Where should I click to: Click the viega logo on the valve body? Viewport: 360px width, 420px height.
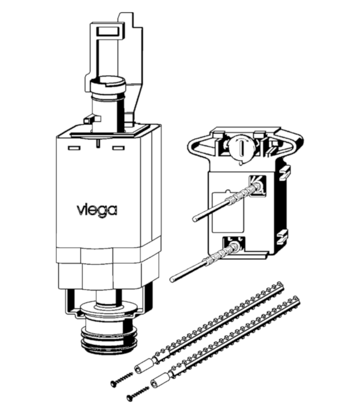click(x=97, y=211)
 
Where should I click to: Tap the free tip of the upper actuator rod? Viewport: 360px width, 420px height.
click(x=195, y=219)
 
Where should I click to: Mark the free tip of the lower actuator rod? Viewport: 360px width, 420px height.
click(x=172, y=280)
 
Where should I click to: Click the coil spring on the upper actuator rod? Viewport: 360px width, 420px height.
click(x=242, y=194)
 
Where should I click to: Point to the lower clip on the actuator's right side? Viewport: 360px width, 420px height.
click(x=283, y=236)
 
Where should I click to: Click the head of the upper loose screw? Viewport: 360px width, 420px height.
click(x=113, y=384)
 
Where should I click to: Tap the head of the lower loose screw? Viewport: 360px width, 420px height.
click(x=130, y=398)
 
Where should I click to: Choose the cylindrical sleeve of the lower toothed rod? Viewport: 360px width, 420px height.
click(x=161, y=381)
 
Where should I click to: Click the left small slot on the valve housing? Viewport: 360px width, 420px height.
click(x=74, y=148)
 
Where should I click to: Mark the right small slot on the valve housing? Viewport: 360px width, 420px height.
click(x=118, y=148)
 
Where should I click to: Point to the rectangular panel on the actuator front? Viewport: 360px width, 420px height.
click(x=227, y=212)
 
